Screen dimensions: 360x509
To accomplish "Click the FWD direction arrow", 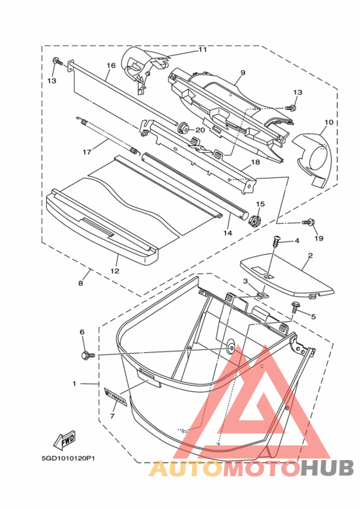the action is coord(64,440).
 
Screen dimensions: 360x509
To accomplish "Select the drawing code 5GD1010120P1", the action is coord(68,459).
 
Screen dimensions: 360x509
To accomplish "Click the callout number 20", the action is coord(201,130).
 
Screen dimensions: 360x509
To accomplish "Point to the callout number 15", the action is coord(260,204).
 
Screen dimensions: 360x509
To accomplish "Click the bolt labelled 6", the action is coord(87,355).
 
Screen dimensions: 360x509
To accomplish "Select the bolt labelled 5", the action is coord(296,306).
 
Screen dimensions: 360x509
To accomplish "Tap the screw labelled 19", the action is coord(309,222).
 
